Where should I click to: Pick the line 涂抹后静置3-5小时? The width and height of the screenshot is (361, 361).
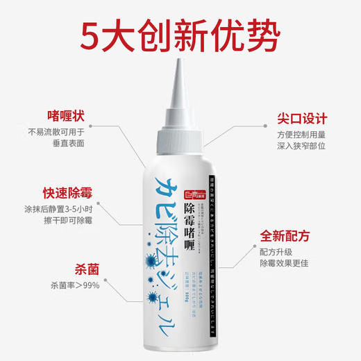(56, 208)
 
